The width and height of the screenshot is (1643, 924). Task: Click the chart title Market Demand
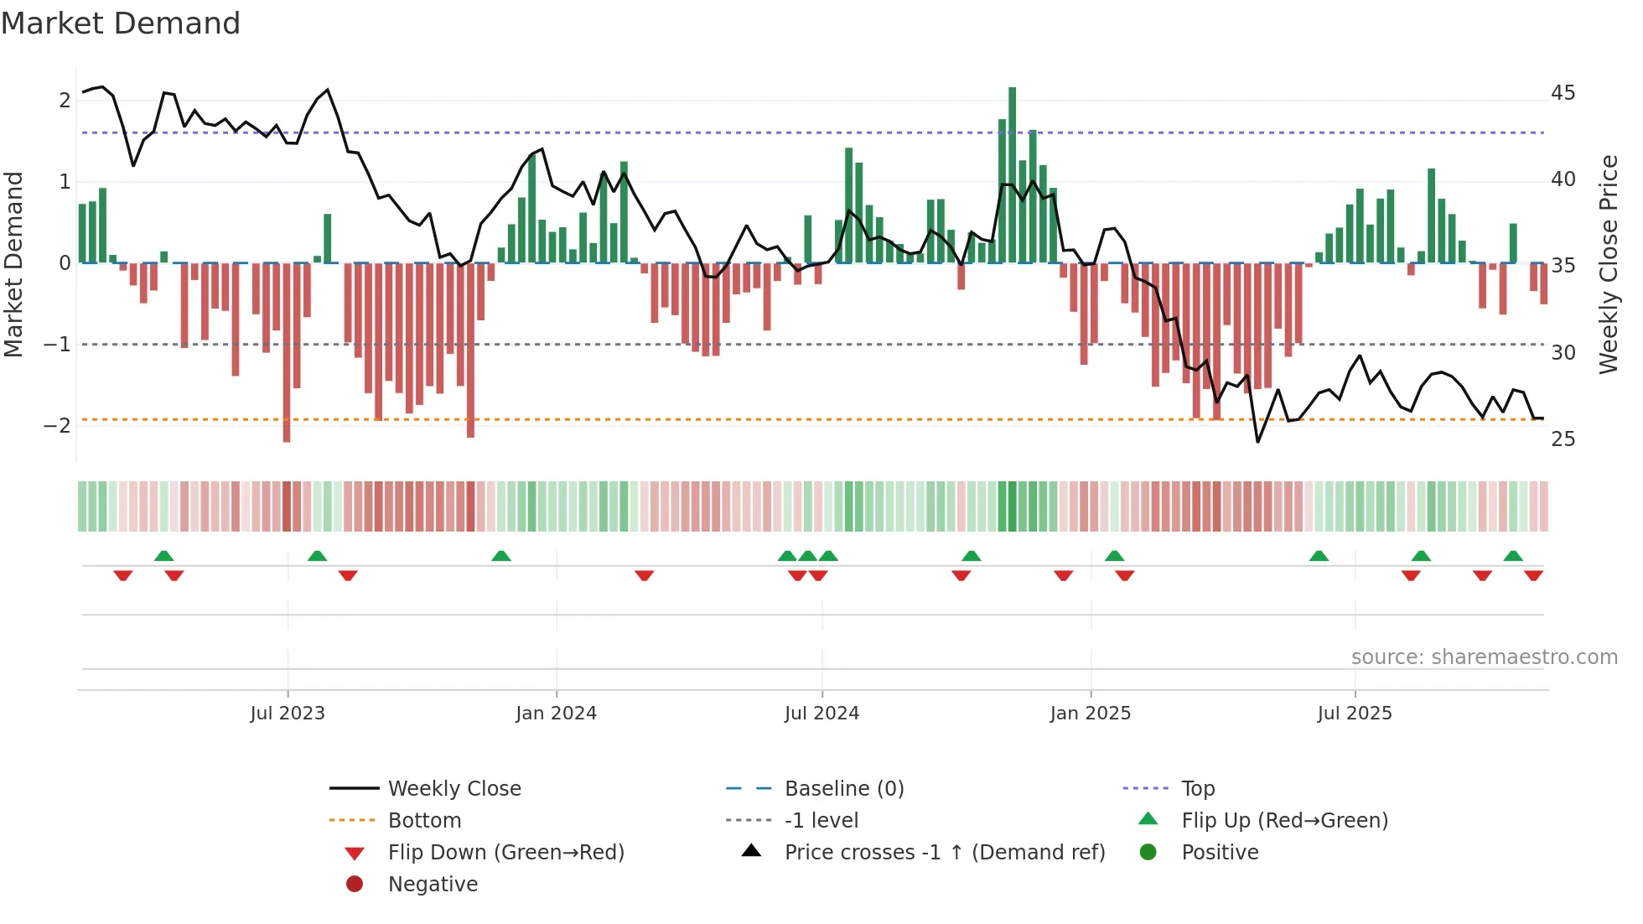click(x=121, y=23)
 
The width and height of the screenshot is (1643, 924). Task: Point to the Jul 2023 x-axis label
click(x=288, y=714)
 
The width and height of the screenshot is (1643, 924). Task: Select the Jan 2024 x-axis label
click(x=556, y=714)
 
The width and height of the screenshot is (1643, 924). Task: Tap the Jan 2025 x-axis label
click(x=1090, y=714)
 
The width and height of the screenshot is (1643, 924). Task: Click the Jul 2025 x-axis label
click(x=1354, y=714)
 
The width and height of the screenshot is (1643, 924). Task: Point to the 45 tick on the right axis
click(x=1563, y=93)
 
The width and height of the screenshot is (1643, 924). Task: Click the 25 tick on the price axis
click(x=1563, y=439)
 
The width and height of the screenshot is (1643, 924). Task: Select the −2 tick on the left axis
click(x=58, y=426)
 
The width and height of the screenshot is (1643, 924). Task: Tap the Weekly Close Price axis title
click(x=1608, y=264)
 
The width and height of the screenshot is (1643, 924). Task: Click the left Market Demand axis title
click(x=14, y=264)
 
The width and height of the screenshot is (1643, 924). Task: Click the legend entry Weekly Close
click(x=454, y=789)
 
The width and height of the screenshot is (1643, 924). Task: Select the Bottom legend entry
click(x=424, y=821)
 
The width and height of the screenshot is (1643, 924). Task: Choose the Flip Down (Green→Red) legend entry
click(x=505, y=853)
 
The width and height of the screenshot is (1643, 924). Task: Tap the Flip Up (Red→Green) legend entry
click(x=1284, y=821)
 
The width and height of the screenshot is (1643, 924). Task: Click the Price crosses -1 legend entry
click(x=944, y=853)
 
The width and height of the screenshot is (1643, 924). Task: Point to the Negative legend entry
click(x=433, y=885)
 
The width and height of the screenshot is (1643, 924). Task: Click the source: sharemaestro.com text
click(x=1484, y=657)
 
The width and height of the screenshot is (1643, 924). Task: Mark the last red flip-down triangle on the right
click(x=1533, y=575)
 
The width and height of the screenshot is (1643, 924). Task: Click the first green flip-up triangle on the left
click(x=164, y=556)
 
